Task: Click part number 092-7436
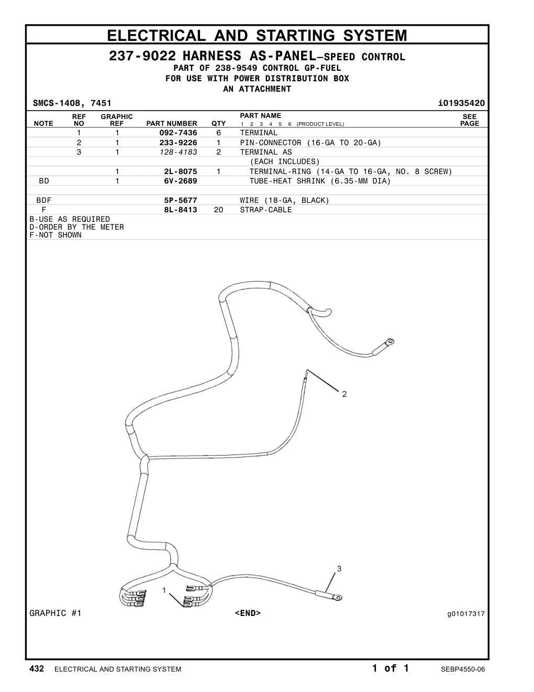tap(178, 133)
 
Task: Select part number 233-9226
tap(178, 143)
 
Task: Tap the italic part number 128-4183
tap(178, 152)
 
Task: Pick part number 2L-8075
tap(180, 171)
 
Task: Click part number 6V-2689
tap(180, 181)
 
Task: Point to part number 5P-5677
tap(180, 200)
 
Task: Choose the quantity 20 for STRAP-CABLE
tap(218, 210)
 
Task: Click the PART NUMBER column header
tap(171, 124)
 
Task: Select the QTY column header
tap(218, 124)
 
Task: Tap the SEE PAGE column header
tap(470, 120)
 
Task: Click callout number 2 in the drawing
tap(344, 394)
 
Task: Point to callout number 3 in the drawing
tap(339, 569)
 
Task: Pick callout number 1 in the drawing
tap(164, 590)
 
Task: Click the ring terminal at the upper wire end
tap(390, 342)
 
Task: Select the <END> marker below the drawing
tap(248, 613)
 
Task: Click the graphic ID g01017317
tap(466, 614)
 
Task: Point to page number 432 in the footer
tap(37, 668)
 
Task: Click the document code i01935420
tap(461, 103)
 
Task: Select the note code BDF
tap(44, 200)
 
